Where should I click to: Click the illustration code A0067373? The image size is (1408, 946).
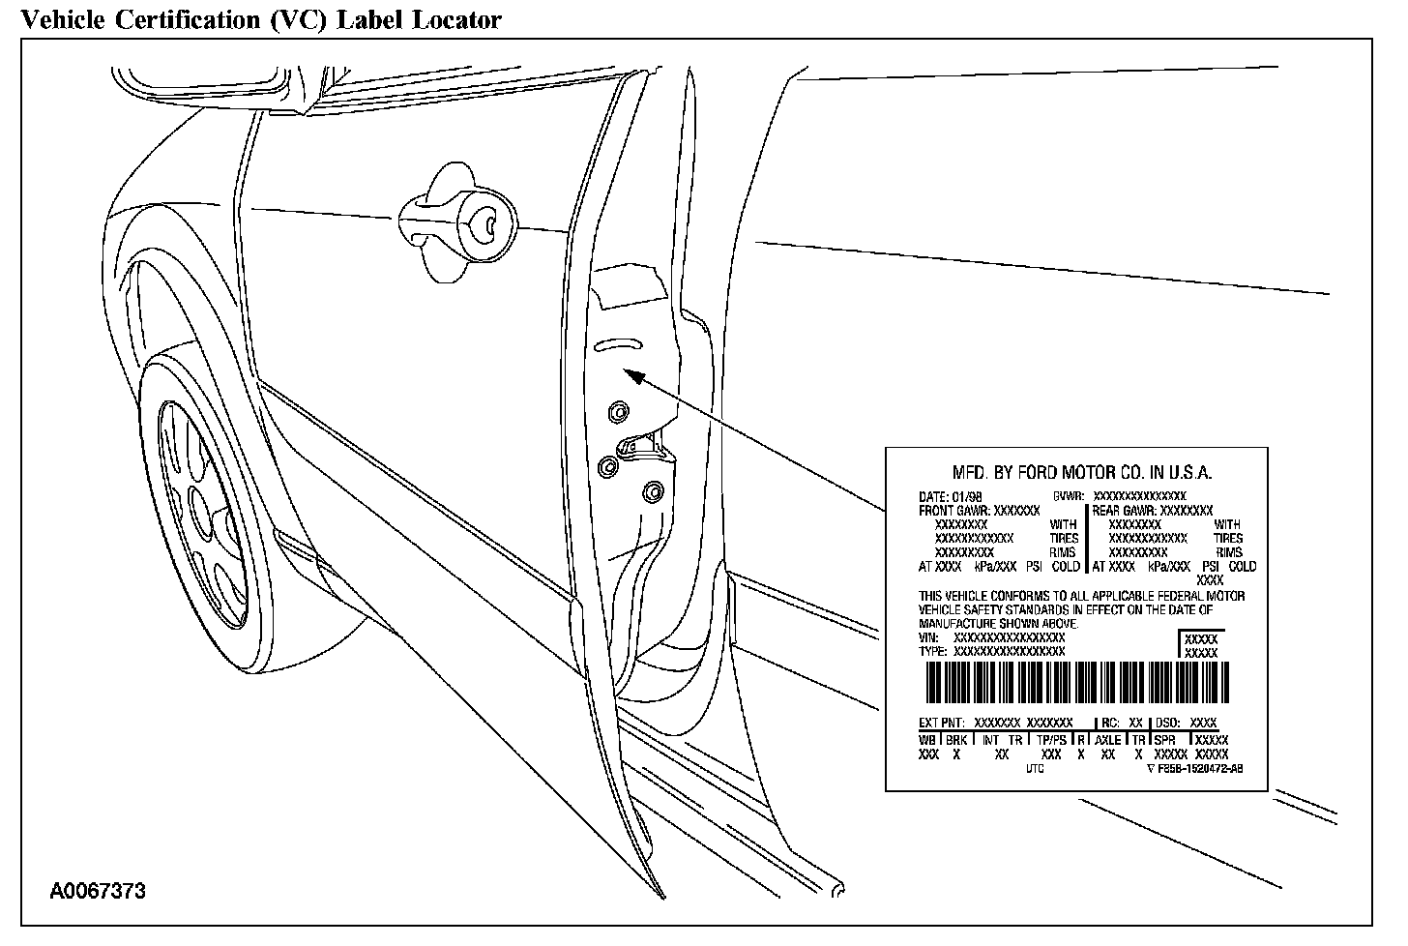[98, 891]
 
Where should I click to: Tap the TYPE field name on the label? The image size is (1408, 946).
[932, 652]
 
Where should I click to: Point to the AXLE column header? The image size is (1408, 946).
[1108, 740]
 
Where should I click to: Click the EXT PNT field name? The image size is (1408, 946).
[941, 723]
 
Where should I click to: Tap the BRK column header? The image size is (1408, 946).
[956, 740]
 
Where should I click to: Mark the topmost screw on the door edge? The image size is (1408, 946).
[616, 414]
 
